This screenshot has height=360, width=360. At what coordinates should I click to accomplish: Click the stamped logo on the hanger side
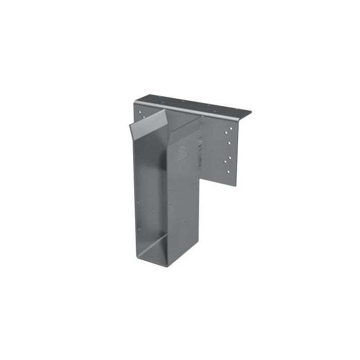(182, 152)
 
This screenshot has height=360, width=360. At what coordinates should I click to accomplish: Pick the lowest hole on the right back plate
(228, 172)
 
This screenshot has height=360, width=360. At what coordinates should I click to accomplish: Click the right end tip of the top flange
(250, 113)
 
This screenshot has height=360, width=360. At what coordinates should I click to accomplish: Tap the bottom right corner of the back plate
(235, 186)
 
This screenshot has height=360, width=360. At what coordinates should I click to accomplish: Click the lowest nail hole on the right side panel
(183, 223)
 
